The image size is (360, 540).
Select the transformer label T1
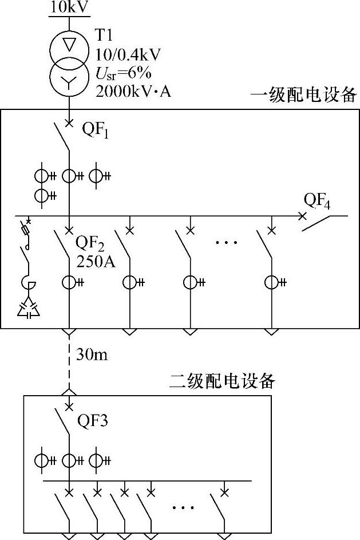(x=104, y=36)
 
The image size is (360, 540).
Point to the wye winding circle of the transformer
(x=69, y=81)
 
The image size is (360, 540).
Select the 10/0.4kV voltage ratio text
(x=128, y=54)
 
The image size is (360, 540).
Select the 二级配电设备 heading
(x=224, y=381)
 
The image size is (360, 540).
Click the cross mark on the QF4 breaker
(x=302, y=216)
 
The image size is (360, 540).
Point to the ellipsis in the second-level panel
(x=183, y=507)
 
